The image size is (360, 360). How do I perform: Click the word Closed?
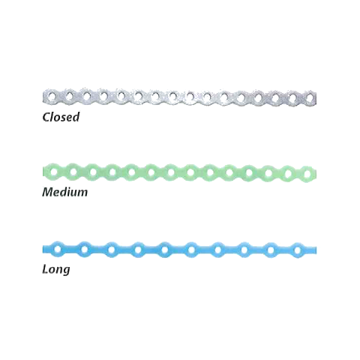pos(61,117)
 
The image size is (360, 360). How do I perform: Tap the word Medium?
pos(65,192)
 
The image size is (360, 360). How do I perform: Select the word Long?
pos(56,270)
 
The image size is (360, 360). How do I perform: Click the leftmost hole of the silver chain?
pos(52,96)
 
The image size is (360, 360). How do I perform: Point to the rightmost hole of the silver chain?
pos(310,97)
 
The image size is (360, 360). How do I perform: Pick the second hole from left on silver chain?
pos(69,96)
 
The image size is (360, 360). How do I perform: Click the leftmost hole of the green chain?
pos(54,172)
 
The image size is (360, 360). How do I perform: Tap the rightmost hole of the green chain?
pos(307,173)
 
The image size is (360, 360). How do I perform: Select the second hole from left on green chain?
pos(73,172)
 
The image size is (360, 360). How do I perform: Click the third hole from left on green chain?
pos(93,172)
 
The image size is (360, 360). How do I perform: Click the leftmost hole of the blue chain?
pos(58,249)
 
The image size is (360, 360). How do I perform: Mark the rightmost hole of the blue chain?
pos(298,250)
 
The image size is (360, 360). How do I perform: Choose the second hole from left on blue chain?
pos(85,249)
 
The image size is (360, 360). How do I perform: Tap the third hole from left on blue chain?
pos(111,250)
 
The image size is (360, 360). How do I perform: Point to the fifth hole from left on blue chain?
pos(164,250)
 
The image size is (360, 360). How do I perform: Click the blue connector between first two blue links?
pos(71,249)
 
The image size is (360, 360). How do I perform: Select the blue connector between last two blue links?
pos(284,250)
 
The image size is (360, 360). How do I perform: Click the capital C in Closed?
pos(46,117)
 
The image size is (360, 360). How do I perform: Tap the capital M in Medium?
pos(49,192)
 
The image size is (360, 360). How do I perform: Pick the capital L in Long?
pos(45,269)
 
